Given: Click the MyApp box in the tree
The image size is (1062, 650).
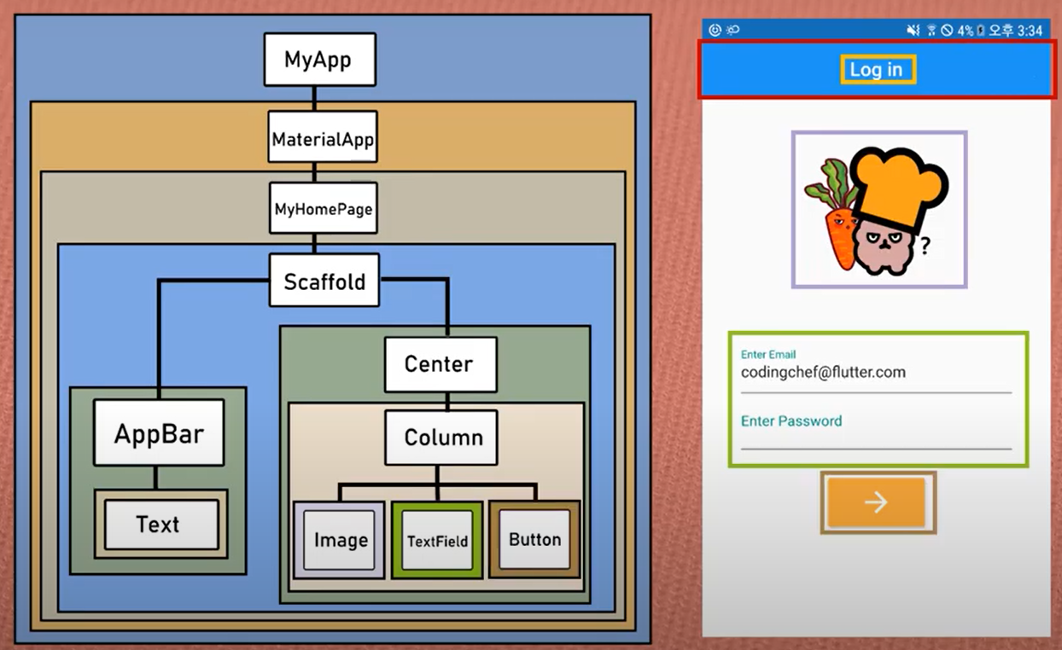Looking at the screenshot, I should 319,60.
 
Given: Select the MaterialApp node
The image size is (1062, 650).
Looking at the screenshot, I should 323,137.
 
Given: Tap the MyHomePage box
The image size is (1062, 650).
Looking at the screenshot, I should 324,208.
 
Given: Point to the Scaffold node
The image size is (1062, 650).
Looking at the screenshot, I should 324,281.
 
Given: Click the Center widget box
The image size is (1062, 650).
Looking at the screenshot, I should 440,364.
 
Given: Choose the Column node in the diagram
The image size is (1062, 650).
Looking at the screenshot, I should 441,438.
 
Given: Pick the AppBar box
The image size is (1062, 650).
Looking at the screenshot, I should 159,432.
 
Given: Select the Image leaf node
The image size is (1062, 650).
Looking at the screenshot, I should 340,540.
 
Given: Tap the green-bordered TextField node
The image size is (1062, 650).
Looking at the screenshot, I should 437,541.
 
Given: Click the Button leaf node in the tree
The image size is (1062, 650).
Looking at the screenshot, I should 534,539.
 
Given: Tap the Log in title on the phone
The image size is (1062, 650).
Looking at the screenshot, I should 877,70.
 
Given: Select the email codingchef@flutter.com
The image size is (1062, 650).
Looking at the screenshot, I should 823,373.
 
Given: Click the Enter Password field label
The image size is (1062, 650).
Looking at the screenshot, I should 791,421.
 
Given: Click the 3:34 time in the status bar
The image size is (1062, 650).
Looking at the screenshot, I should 1030,30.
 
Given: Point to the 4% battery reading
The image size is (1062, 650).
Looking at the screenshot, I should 965,30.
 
